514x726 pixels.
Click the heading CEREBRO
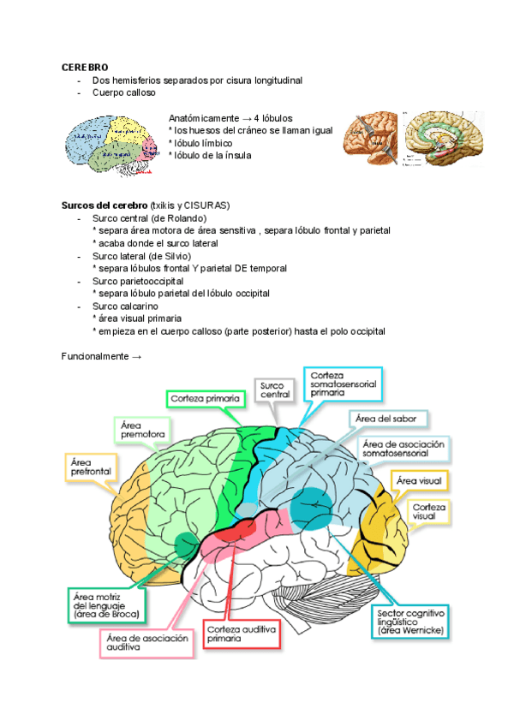(84, 67)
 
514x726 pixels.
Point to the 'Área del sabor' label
(389, 419)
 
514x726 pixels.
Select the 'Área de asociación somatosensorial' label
(403, 449)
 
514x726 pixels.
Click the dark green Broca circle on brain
(186, 543)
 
